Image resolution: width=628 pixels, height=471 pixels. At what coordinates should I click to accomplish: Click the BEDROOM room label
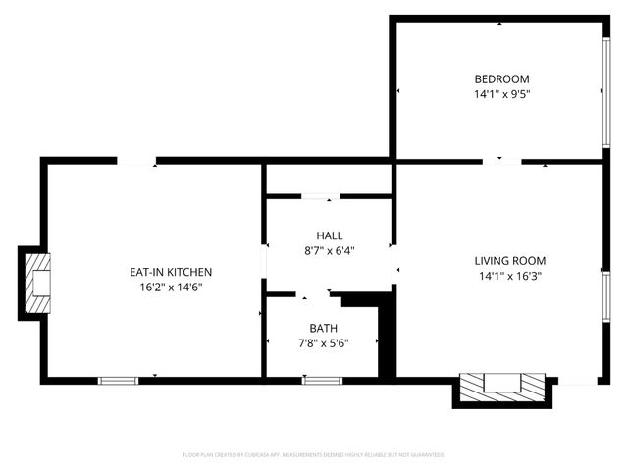[x=501, y=79]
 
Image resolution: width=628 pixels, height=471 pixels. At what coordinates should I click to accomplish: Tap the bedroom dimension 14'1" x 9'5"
[x=501, y=95]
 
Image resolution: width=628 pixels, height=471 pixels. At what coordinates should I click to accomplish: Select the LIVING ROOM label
[x=509, y=261]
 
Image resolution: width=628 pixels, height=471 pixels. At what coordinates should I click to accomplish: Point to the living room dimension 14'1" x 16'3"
[x=509, y=277]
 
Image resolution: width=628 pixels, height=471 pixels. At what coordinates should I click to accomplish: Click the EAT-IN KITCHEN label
[x=171, y=272]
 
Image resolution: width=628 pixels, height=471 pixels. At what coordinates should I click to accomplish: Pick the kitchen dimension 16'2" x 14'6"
[x=171, y=288]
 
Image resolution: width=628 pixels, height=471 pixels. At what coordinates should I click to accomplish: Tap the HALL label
[x=330, y=235]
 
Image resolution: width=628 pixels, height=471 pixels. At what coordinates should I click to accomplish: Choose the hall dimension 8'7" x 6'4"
[x=330, y=250]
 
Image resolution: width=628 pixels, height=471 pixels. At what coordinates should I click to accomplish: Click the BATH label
[x=323, y=328]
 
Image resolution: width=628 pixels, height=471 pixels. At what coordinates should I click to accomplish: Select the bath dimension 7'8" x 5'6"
[x=323, y=342]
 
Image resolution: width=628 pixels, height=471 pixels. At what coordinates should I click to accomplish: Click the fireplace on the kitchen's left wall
[x=36, y=283]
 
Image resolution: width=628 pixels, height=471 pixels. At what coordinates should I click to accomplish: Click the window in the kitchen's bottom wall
[x=118, y=380]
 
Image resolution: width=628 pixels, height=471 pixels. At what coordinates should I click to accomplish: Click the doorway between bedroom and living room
[x=501, y=161]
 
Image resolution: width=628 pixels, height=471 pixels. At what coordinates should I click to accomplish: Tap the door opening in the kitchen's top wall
[x=137, y=161]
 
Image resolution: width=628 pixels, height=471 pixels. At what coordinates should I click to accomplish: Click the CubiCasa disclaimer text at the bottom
[x=314, y=455]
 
